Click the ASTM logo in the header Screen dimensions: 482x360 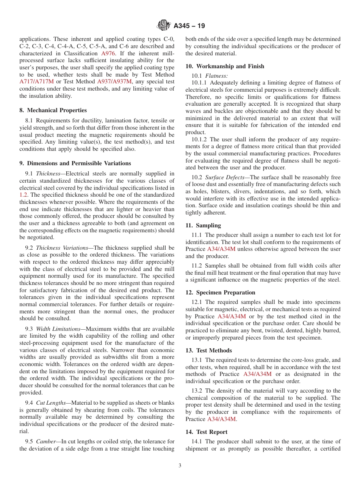(164, 26)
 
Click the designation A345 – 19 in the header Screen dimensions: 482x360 (189, 26)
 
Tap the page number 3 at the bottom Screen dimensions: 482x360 (180, 466)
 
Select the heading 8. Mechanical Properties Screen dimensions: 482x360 (53, 110)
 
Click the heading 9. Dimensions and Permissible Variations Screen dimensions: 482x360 (75, 163)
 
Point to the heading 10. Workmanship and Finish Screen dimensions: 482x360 (225, 66)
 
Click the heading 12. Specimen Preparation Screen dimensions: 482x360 (220, 293)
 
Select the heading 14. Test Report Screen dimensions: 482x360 (207, 432)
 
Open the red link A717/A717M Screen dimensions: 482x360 (37, 81)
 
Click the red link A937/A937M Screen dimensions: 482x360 (114, 81)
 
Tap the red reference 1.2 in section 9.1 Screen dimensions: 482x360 (23, 195)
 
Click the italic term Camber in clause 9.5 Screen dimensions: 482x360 (45, 441)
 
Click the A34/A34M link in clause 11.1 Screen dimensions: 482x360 (221, 249)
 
